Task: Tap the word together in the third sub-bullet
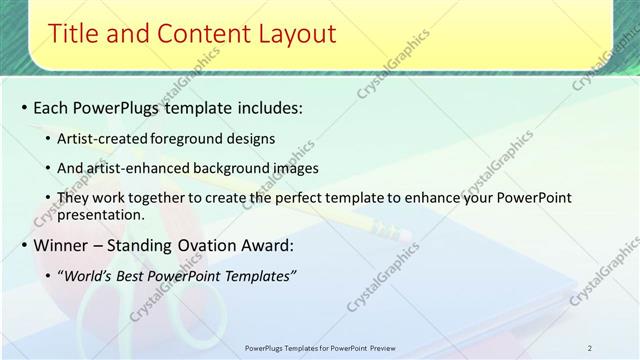pyautogui.click(x=152, y=198)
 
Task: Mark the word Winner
pyautogui.click(x=62, y=245)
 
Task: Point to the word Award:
pyautogui.click(x=263, y=245)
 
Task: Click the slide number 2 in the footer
pyautogui.click(x=590, y=348)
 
